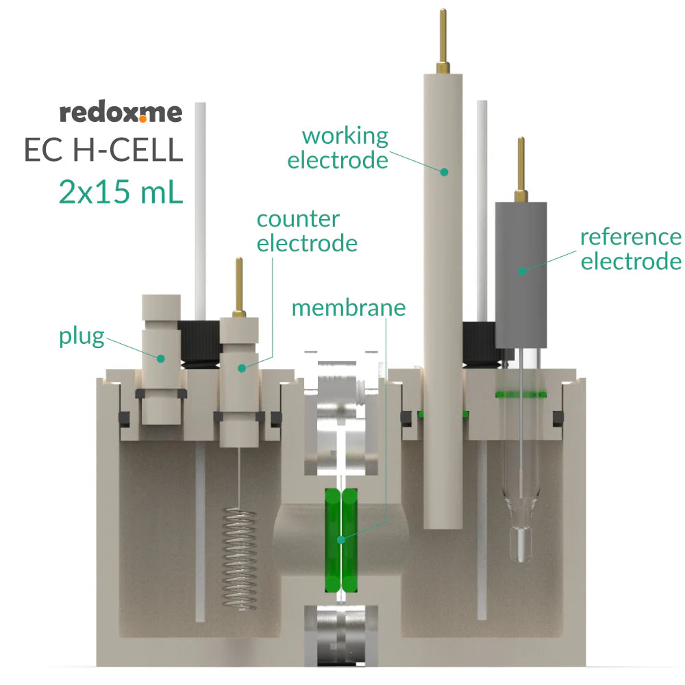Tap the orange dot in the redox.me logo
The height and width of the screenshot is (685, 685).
(x=142, y=119)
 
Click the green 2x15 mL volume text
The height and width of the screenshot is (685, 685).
(x=121, y=192)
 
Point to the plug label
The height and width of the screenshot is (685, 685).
(x=82, y=336)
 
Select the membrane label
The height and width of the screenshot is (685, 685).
(x=348, y=308)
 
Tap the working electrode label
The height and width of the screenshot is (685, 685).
(x=338, y=148)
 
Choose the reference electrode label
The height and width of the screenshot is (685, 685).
(x=630, y=249)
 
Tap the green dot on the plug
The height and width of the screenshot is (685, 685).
(x=161, y=358)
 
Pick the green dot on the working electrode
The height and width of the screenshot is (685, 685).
(x=444, y=171)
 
